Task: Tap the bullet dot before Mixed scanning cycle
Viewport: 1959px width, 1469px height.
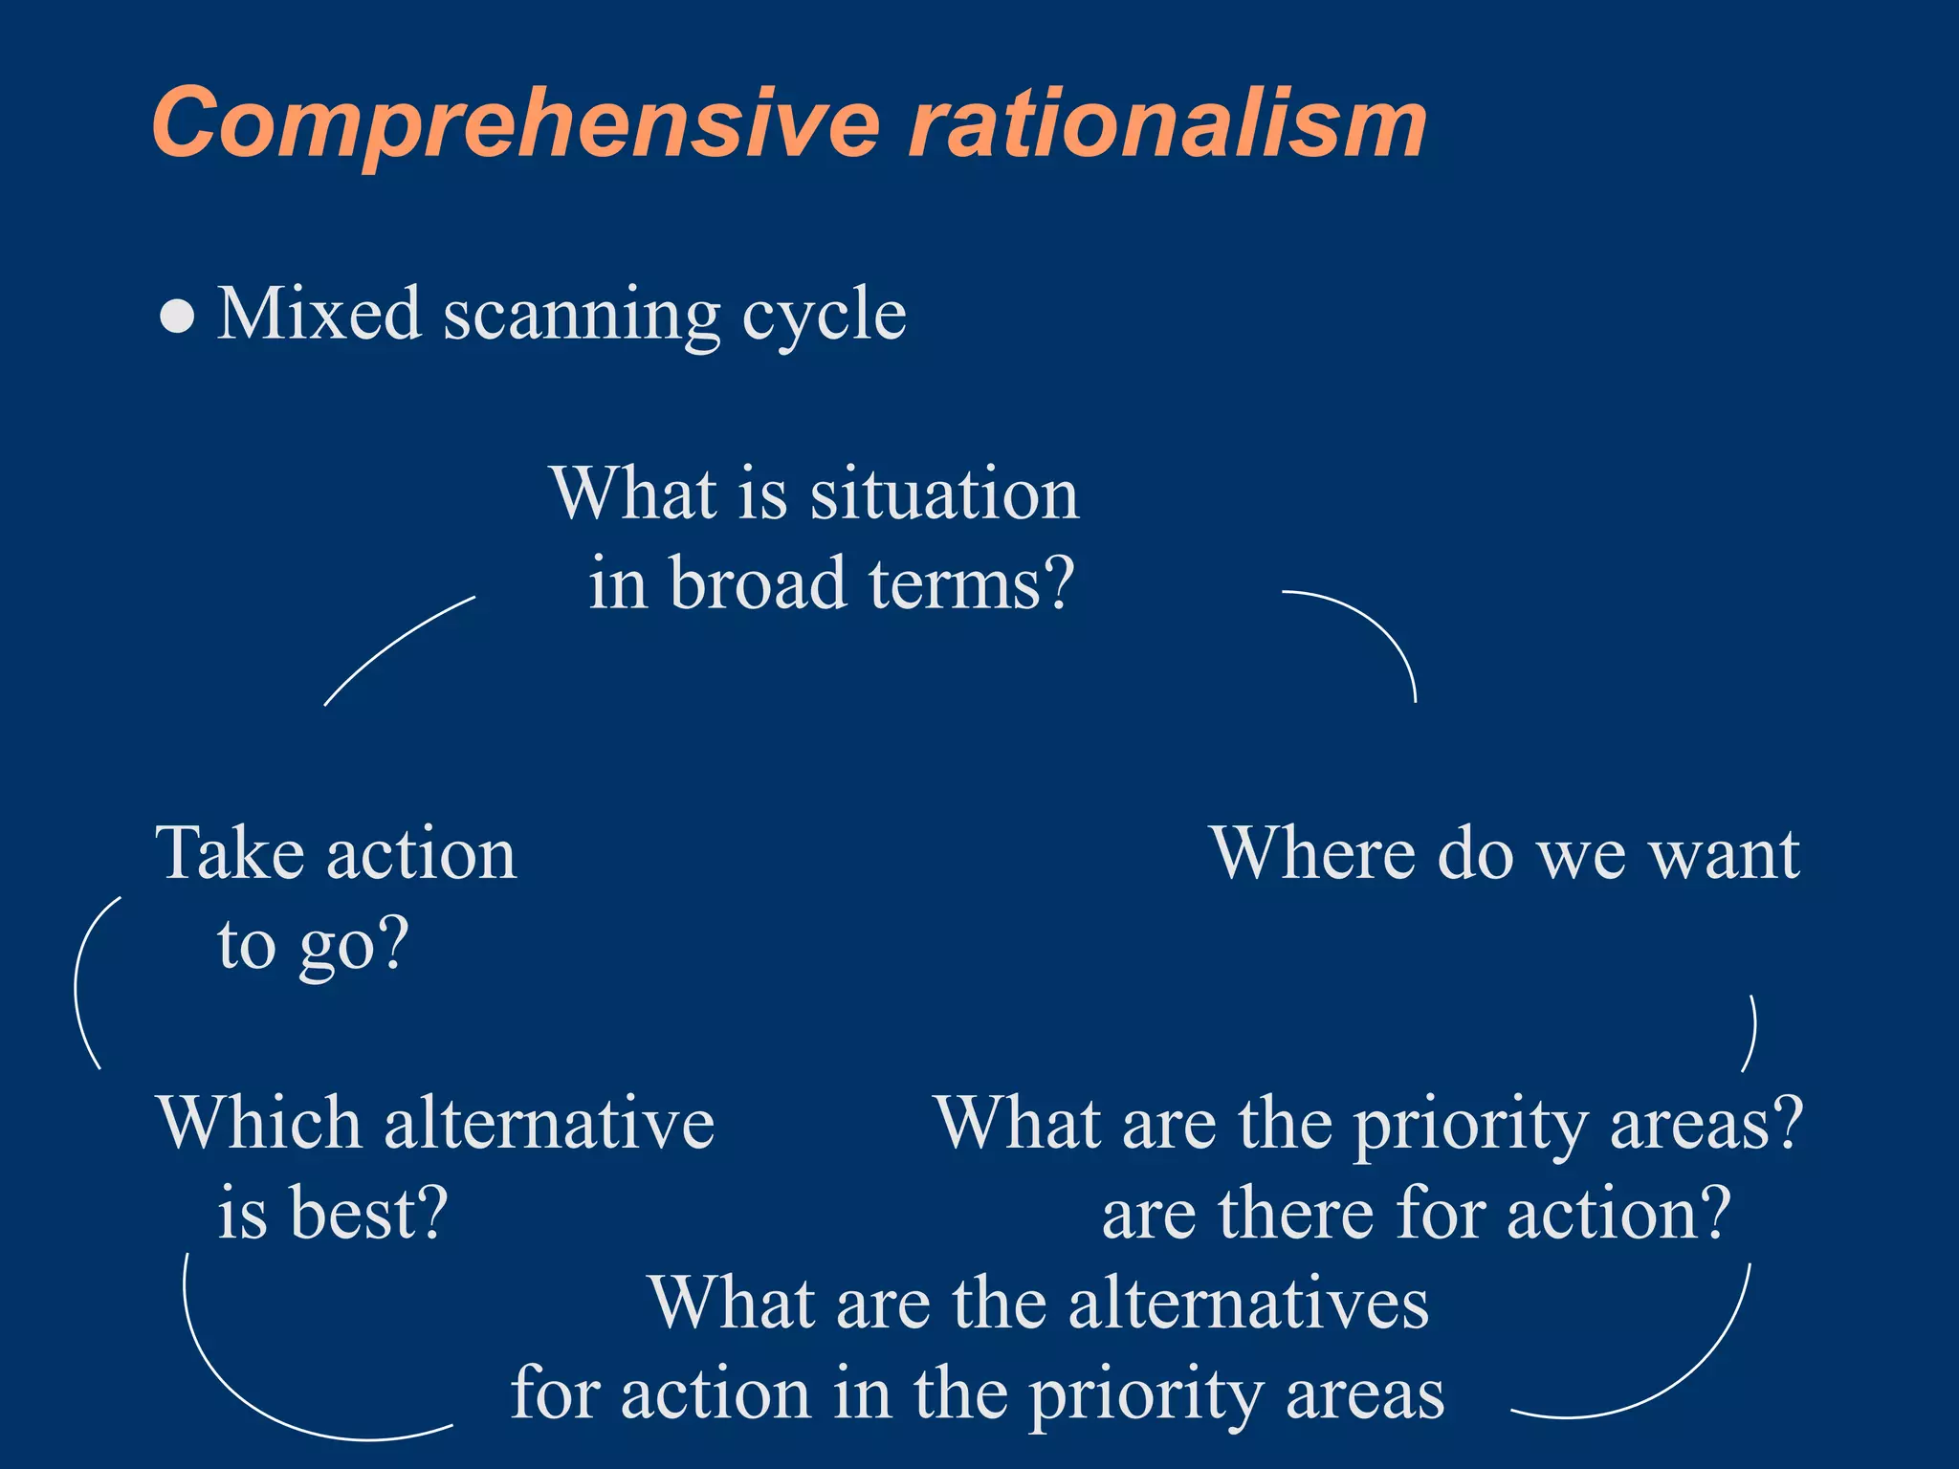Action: pos(178,317)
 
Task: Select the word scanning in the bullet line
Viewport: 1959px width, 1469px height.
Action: pos(581,316)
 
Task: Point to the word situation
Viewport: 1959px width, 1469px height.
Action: pos(944,494)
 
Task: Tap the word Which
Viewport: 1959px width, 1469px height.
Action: pos(258,1123)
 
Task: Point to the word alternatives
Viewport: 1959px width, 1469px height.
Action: pos(1247,1303)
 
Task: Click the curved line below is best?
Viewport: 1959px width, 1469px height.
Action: pos(249,1387)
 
